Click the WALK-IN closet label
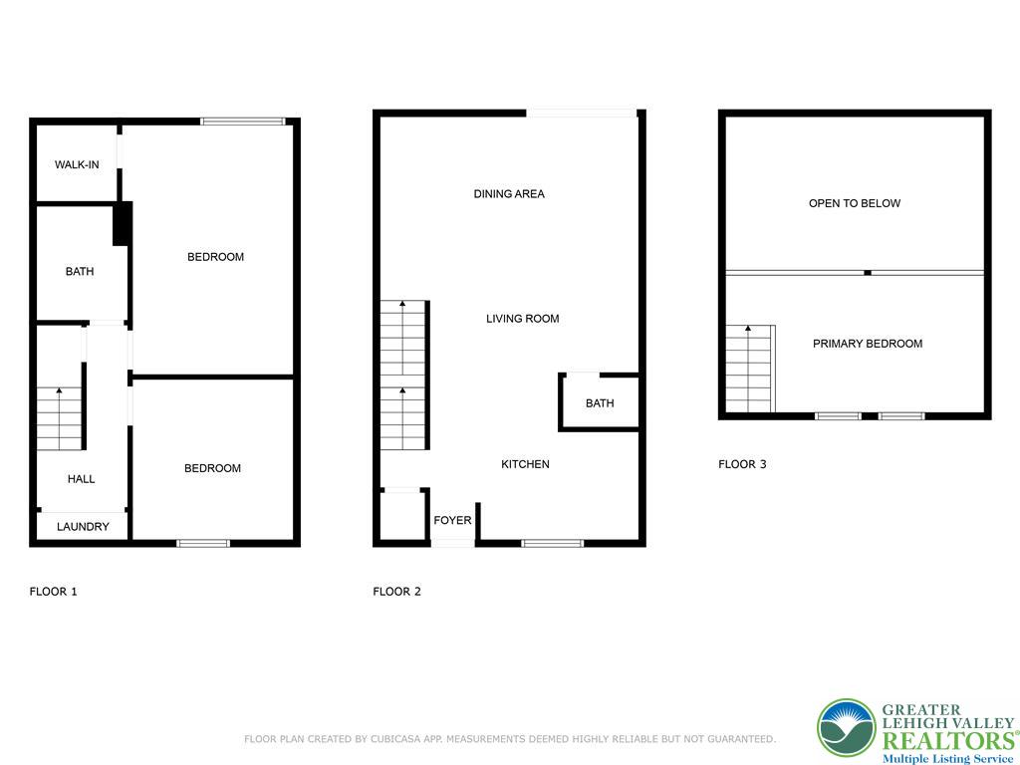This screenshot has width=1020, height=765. tap(77, 164)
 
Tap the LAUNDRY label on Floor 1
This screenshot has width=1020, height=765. tap(83, 526)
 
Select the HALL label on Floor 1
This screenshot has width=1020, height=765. tap(82, 479)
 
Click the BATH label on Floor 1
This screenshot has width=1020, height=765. tap(80, 271)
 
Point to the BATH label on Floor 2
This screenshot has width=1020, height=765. tap(600, 403)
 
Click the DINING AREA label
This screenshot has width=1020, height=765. tap(509, 194)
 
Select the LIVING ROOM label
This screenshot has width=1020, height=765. tap(522, 319)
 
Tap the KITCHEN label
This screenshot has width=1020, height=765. tap(525, 464)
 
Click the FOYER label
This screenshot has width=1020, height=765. tap(452, 520)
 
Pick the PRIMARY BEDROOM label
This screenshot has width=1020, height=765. tap(868, 344)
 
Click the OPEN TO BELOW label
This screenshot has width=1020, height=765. tap(855, 203)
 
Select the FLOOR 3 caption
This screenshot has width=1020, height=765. tap(742, 464)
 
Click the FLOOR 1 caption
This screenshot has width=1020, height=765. tap(54, 592)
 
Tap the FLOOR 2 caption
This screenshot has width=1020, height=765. tap(396, 592)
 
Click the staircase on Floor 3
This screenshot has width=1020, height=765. tap(749, 369)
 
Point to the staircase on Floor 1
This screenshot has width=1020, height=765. tap(60, 418)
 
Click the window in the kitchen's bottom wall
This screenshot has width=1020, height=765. tap(552, 543)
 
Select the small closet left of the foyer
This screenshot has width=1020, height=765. tap(401, 515)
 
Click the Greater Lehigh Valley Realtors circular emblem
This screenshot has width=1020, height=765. tap(846, 727)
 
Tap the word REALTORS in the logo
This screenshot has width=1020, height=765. tap(946, 739)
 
